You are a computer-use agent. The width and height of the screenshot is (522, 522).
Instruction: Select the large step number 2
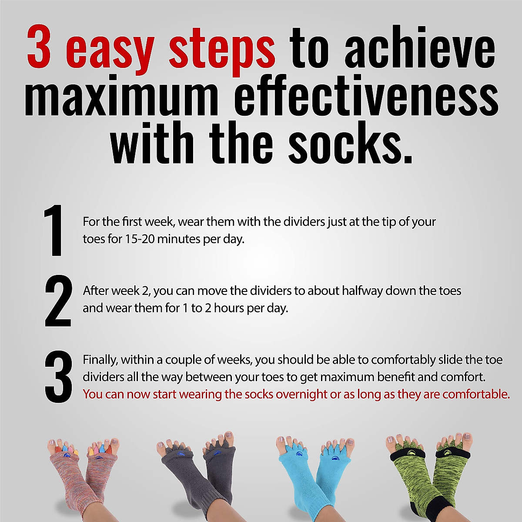[x=58, y=301]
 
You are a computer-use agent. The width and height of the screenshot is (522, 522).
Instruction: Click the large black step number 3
[x=58, y=377]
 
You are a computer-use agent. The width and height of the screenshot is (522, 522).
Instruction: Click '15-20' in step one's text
[x=140, y=239]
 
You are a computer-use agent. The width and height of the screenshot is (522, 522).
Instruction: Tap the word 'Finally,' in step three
[x=100, y=360]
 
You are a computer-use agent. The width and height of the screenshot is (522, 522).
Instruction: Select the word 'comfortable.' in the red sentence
[x=476, y=394]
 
